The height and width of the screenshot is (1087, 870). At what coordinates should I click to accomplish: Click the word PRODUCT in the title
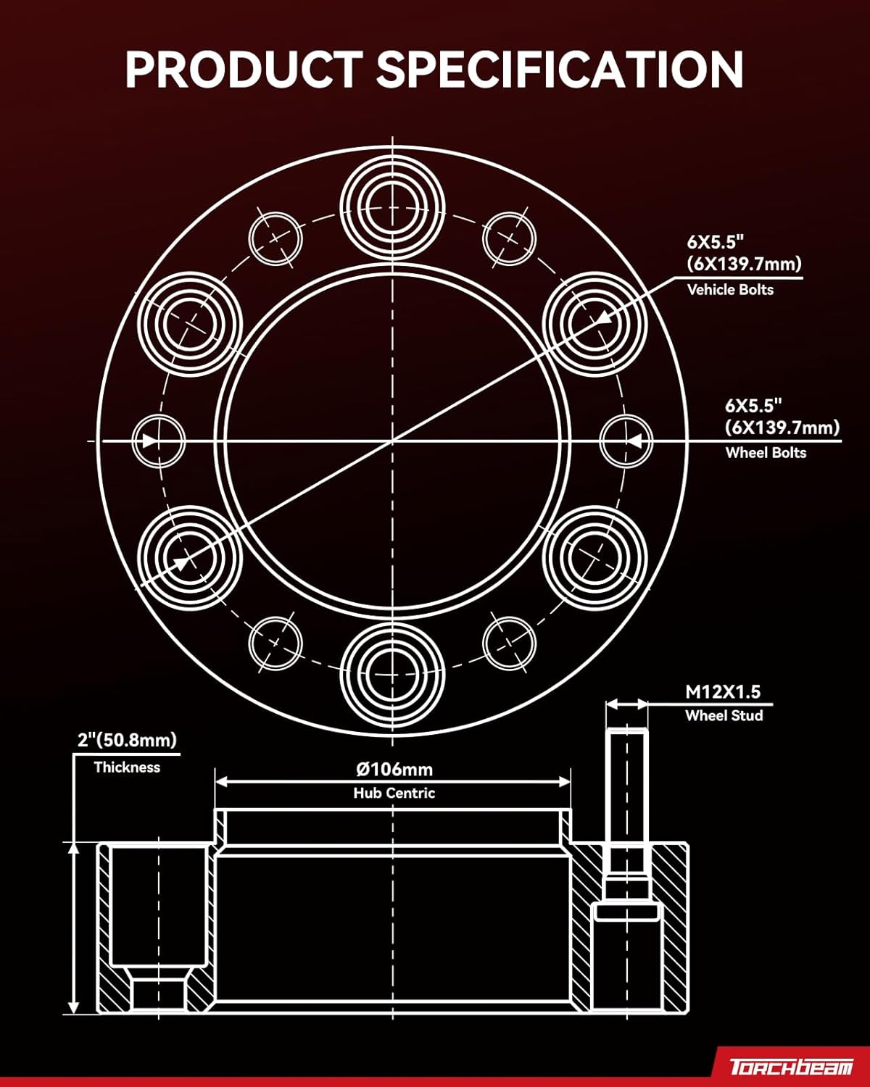point(243,70)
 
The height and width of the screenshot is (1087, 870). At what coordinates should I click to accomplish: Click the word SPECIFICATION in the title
point(559,70)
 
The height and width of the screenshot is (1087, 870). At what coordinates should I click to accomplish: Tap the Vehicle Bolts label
point(730,290)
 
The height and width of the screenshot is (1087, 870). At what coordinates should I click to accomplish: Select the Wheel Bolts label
point(766,453)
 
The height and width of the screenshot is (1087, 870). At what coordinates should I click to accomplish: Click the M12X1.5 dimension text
point(723,692)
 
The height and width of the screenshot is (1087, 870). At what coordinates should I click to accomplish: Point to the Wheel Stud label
point(724,716)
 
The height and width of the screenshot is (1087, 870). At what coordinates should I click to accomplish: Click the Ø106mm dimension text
point(394,769)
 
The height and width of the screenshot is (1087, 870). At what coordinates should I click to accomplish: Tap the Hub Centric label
point(394,794)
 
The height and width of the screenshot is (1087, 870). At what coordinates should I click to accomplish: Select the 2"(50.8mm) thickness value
point(127,740)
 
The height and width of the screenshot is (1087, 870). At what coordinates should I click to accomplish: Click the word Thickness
point(127,767)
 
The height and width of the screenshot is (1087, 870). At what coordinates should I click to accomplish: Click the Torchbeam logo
point(791,1067)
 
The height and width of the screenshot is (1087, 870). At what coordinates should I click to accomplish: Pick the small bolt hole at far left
point(159,441)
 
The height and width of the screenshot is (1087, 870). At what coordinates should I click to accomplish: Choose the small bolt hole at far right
point(626,441)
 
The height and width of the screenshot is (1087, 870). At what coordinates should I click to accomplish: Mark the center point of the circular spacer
point(392,441)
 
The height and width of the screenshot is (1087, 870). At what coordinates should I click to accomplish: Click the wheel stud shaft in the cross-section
point(627,797)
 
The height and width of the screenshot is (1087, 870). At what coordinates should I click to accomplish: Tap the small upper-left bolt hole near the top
point(275,238)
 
